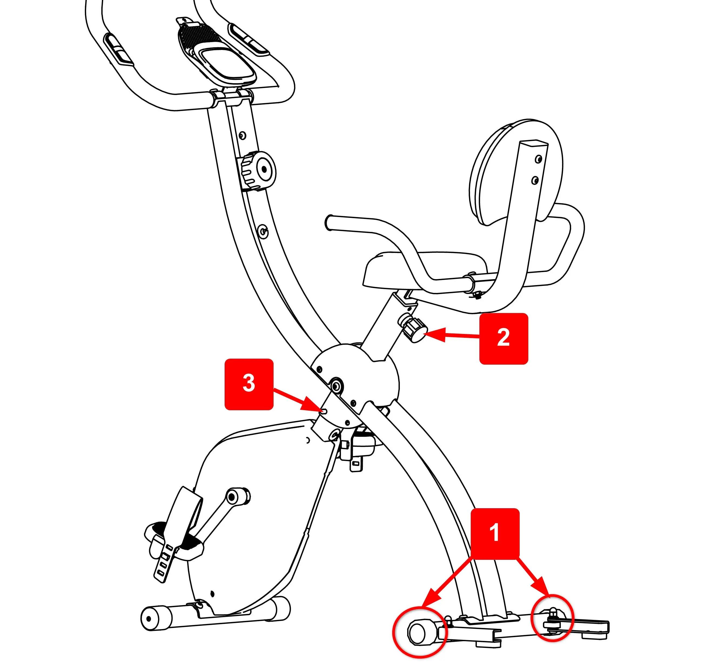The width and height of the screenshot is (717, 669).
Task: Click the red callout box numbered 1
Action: pos(495,534)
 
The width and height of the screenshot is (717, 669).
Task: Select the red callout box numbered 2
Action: pos(504,339)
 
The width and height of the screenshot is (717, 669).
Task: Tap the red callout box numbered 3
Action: pos(249,384)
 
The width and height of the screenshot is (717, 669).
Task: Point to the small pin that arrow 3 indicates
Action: pos(324,411)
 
